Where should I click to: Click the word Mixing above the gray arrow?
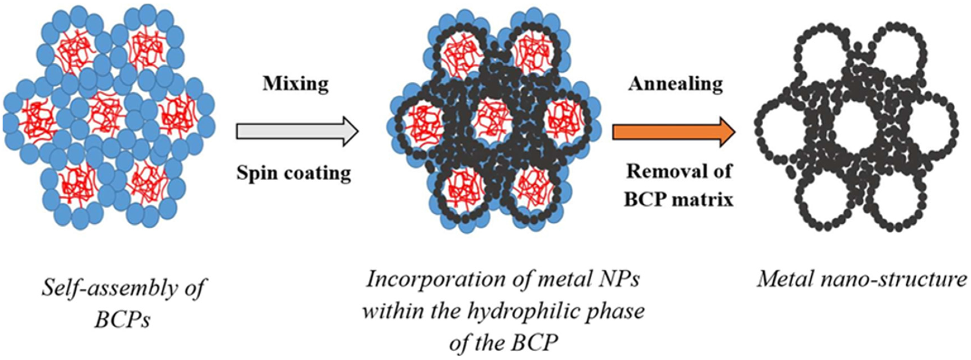click(296, 84)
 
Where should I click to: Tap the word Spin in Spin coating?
click(257, 173)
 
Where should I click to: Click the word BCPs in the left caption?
click(123, 320)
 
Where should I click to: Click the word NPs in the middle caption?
click(621, 280)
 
